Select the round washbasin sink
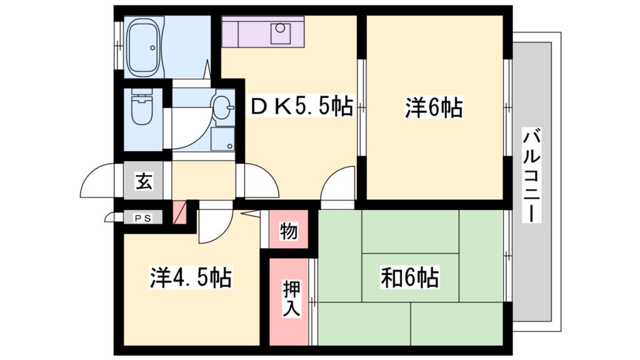[221, 106]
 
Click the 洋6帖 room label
[434, 109]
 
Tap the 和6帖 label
[409, 277]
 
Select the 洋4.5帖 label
[191, 277]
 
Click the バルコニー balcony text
[531, 174]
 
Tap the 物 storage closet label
[288, 231]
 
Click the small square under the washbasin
[222, 139]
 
